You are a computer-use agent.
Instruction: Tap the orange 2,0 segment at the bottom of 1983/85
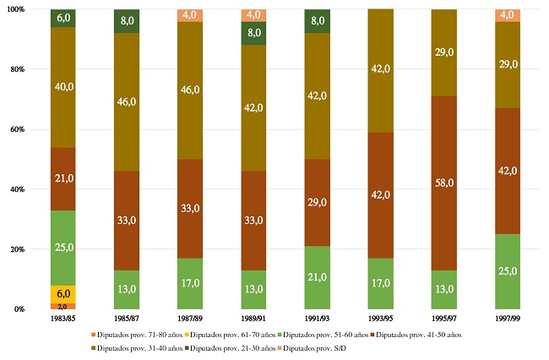tap(63, 306)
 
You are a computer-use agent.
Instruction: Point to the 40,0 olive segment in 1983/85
tap(63, 87)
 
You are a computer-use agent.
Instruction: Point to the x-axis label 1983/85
tap(63, 319)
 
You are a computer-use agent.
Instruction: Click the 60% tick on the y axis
tap(16, 129)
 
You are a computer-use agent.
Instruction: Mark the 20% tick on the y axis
tap(16, 249)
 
